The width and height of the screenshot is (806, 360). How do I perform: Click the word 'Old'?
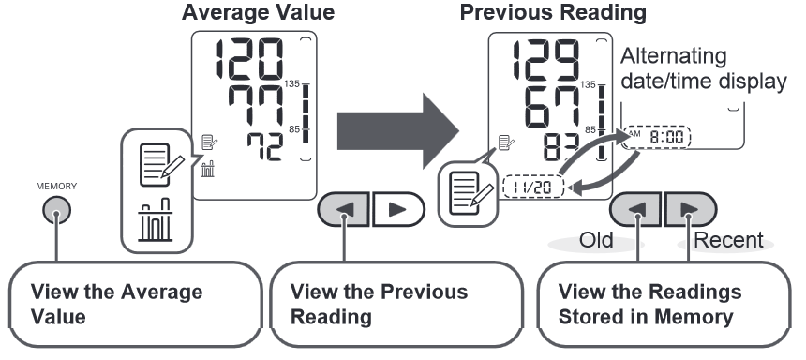[595, 241]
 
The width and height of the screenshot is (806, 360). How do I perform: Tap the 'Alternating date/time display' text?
[703, 68]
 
